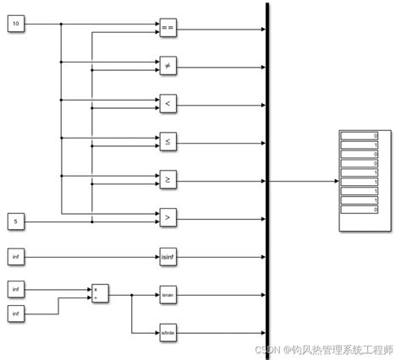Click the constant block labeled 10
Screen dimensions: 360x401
click(17, 24)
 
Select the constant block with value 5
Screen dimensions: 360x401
click(17, 222)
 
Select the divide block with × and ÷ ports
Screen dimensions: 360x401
click(101, 292)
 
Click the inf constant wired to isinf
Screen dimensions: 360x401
click(17, 255)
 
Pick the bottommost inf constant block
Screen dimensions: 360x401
click(17, 314)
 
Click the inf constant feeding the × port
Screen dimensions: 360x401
click(17, 289)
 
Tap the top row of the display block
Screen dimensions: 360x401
click(360, 136)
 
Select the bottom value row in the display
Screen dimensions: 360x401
click(360, 212)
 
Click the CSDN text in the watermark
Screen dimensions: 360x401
click(270, 349)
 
